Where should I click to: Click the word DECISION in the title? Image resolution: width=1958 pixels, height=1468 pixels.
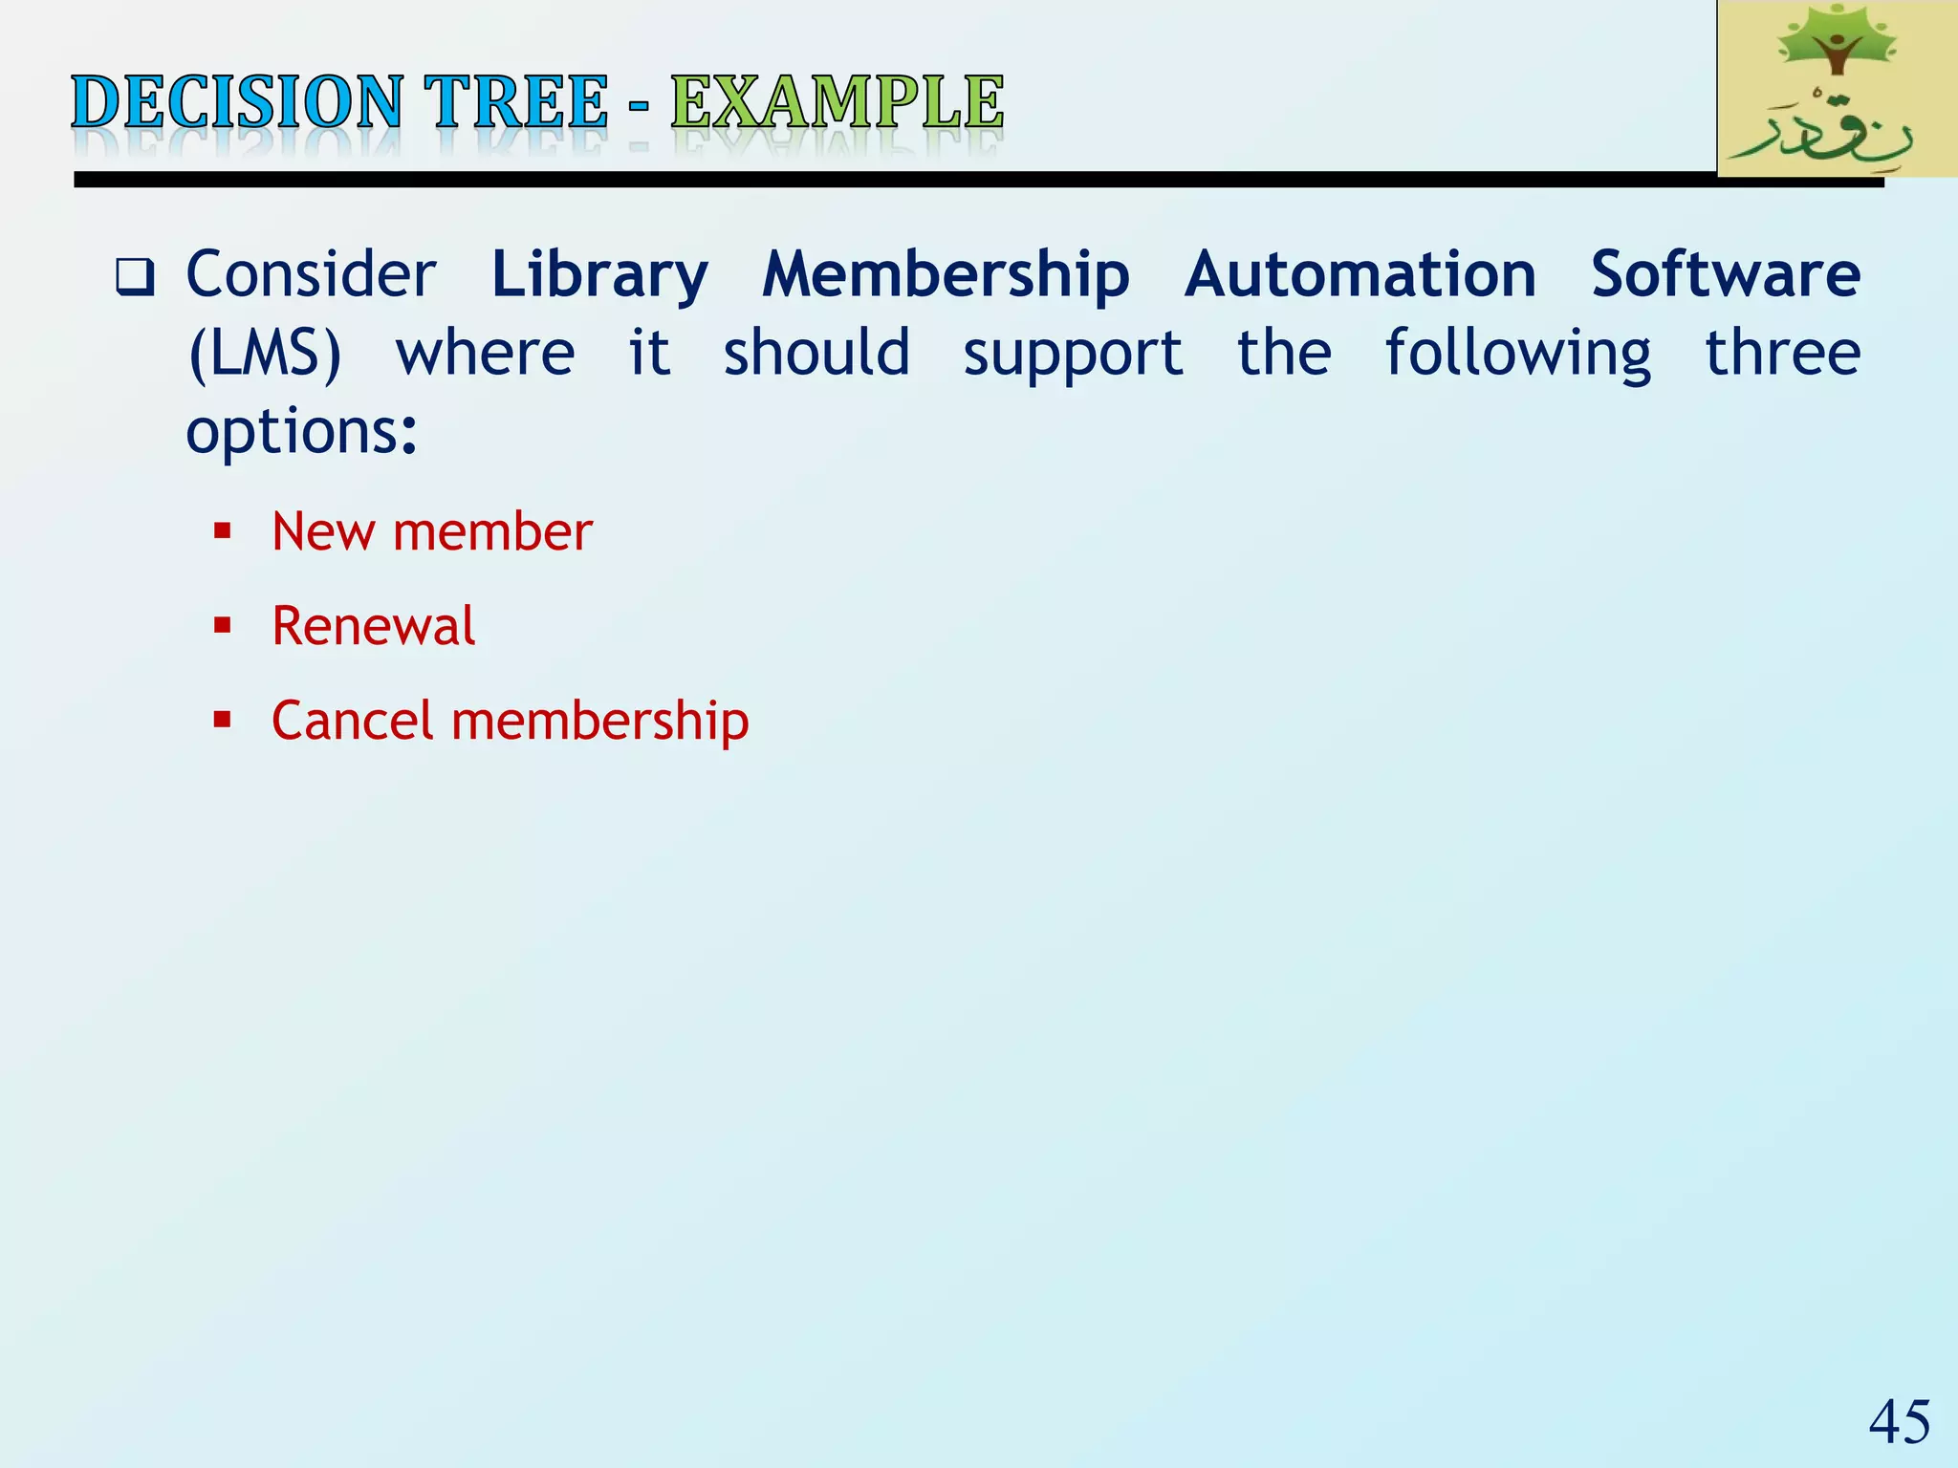click(236, 102)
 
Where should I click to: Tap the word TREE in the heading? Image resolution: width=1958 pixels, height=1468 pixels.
click(516, 102)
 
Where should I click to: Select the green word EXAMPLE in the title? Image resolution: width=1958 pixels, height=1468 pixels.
click(838, 102)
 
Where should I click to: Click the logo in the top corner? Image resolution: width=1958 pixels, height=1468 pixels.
click(1836, 89)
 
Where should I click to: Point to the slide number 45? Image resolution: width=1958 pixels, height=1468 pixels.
click(1900, 1422)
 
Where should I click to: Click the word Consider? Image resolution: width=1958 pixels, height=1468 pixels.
click(311, 275)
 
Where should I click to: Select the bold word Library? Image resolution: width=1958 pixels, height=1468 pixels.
click(599, 275)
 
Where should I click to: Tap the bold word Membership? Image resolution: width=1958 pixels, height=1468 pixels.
click(946, 275)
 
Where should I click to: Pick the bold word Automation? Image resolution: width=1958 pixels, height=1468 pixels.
click(1360, 275)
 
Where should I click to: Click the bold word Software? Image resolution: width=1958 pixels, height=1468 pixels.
click(1726, 275)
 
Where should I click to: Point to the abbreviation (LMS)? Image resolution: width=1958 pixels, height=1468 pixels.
click(265, 354)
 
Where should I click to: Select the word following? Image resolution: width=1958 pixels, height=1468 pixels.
click(1517, 354)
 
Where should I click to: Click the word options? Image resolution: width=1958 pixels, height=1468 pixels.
click(302, 432)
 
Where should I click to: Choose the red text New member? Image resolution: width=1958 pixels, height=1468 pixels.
click(432, 531)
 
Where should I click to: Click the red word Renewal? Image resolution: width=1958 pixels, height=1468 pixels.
click(373, 626)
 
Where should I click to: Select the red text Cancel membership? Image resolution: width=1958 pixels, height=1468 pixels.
click(511, 721)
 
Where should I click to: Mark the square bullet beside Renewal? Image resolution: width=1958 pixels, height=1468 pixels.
click(223, 626)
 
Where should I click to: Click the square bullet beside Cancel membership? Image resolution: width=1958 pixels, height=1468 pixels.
click(223, 720)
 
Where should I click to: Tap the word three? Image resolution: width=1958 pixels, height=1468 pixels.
click(1783, 354)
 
